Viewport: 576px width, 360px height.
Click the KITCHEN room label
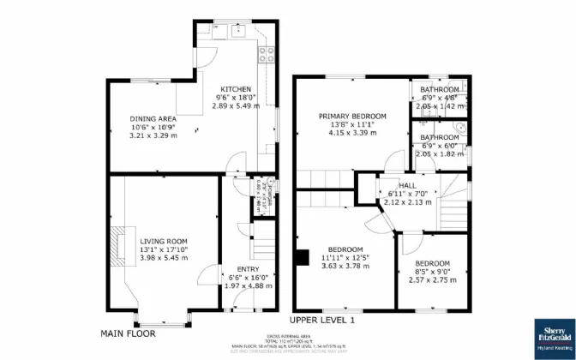pyautogui.click(x=236, y=89)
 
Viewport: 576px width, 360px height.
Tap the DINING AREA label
pyautogui.click(x=153, y=118)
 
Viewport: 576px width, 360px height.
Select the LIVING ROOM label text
pyautogui.click(x=164, y=241)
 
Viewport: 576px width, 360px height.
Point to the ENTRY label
pyautogui.click(x=236, y=268)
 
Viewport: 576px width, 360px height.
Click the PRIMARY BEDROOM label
pyautogui.click(x=352, y=116)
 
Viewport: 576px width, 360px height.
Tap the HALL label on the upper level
pyautogui.click(x=407, y=184)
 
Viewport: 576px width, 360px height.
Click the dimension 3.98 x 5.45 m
pyautogui.click(x=164, y=258)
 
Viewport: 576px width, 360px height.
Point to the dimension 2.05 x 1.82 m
pyautogui.click(x=439, y=154)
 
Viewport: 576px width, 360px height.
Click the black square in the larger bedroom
pyautogui.click(x=300, y=255)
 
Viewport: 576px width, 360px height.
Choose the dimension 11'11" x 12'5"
pyautogui.click(x=344, y=257)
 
